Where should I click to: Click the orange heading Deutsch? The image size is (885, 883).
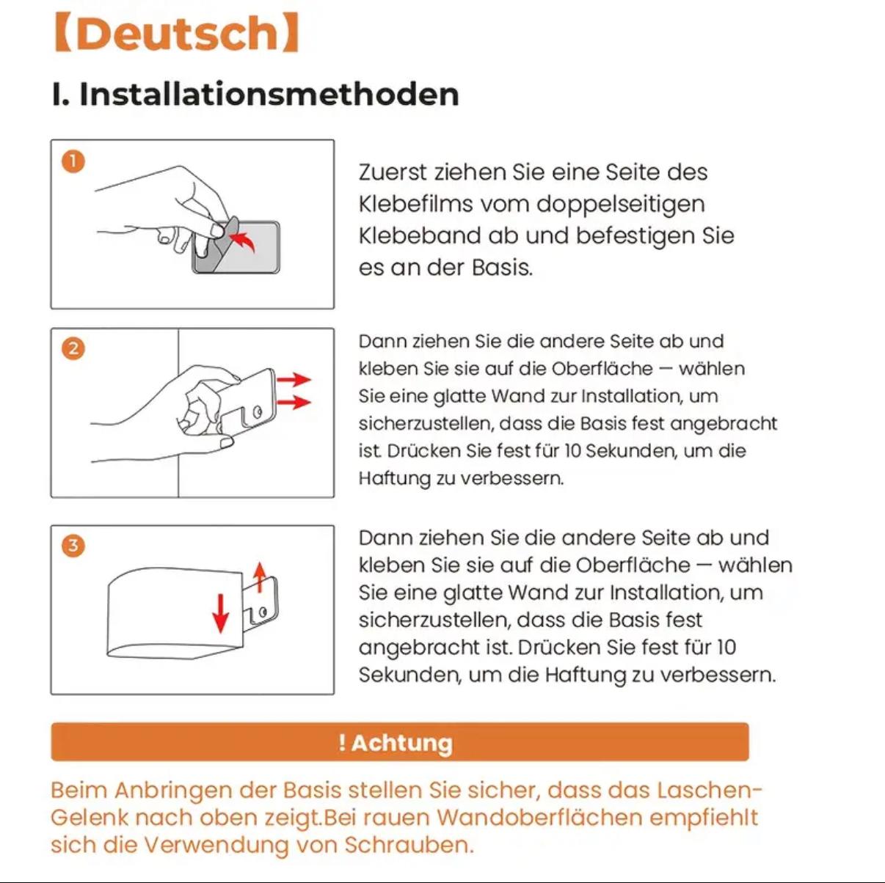pyautogui.click(x=177, y=33)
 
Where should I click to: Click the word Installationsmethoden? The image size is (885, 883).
pyautogui.click(x=269, y=95)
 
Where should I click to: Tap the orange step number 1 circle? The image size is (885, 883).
pyautogui.click(x=73, y=161)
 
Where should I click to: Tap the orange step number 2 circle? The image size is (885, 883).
pyautogui.click(x=73, y=349)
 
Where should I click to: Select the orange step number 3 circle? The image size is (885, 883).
pyautogui.click(x=73, y=546)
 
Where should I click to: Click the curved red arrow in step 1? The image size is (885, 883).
pyautogui.click(x=244, y=240)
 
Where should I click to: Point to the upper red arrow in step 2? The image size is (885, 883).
pyautogui.click(x=294, y=379)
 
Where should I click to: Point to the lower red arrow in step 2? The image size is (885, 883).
pyautogui.click(x=294, y=403)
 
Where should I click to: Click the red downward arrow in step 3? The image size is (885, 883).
pyautogui.click(x=221, y=613)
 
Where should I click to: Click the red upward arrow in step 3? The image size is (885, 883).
pyautogui.click(x=260, y=576)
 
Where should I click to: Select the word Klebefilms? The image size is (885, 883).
pyautogui.click(x=415, y=204)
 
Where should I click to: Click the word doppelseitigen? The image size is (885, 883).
pyautogui.click(x=621, y=205)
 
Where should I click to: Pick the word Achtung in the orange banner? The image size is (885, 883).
pyautogui.click(x=402, y=743)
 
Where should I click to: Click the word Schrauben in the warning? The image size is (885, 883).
pyautogui.click(x=409, y=844)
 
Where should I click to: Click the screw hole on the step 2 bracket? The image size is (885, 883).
pyautogui.click(x=258, y=412)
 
